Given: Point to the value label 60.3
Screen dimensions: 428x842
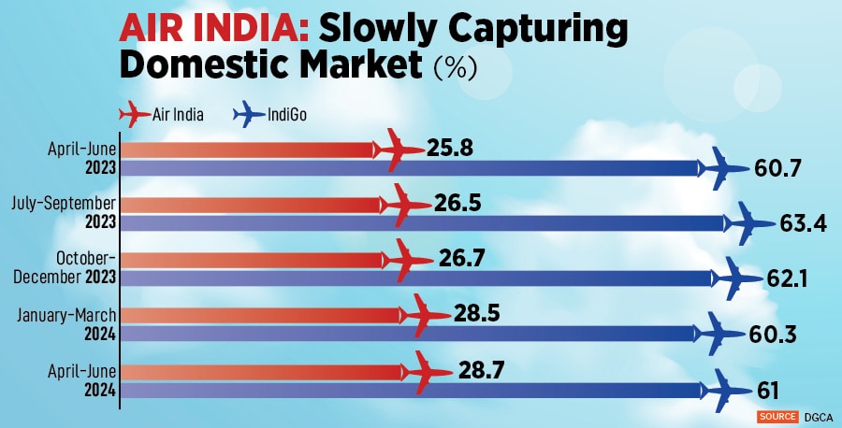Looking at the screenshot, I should [x=775, y=335].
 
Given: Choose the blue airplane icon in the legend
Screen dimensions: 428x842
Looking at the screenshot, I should [x=250, y=115].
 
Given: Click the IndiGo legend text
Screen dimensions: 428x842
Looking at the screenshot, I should [x=286, y=115].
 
